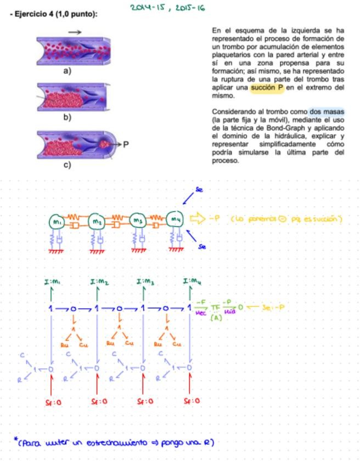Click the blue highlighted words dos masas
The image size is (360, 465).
pos(327,111)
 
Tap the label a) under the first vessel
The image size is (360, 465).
pos(67,71)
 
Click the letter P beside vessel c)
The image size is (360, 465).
pos(126,145)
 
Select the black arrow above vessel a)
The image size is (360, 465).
pos(75,32)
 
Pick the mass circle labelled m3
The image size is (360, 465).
pos(136,221)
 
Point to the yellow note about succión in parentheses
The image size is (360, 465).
pos(286,219)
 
